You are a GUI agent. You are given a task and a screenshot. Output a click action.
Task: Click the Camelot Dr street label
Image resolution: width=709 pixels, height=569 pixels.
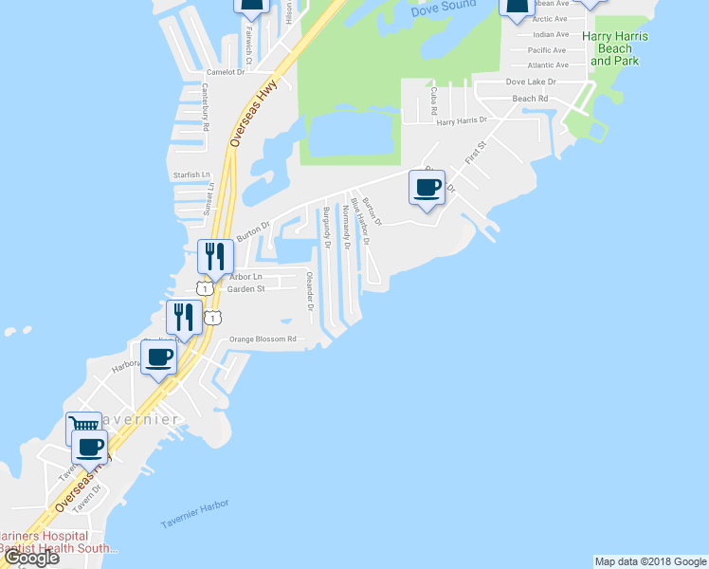226,71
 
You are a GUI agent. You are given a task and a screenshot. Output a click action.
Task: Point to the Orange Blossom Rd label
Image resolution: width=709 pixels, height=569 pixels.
264,339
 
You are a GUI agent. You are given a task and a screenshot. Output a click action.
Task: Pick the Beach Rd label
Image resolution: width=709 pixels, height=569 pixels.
530,99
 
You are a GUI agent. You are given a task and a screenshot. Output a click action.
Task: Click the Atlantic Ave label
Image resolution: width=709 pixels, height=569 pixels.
549,65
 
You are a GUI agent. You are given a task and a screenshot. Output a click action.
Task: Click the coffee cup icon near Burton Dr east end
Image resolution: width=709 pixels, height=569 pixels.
427,186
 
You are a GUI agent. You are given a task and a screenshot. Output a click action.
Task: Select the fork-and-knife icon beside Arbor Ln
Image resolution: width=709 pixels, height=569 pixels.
215,255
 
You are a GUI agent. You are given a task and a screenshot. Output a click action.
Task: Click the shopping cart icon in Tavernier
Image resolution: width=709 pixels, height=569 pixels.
83,429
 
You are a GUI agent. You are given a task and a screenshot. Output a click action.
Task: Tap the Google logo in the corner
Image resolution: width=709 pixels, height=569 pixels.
31,558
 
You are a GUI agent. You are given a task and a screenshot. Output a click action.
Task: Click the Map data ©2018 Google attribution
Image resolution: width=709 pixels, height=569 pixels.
649,561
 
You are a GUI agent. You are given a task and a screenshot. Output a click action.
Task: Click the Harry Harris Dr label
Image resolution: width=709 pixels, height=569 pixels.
461,121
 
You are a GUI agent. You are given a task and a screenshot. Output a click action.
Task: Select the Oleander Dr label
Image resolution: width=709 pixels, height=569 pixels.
310,290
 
